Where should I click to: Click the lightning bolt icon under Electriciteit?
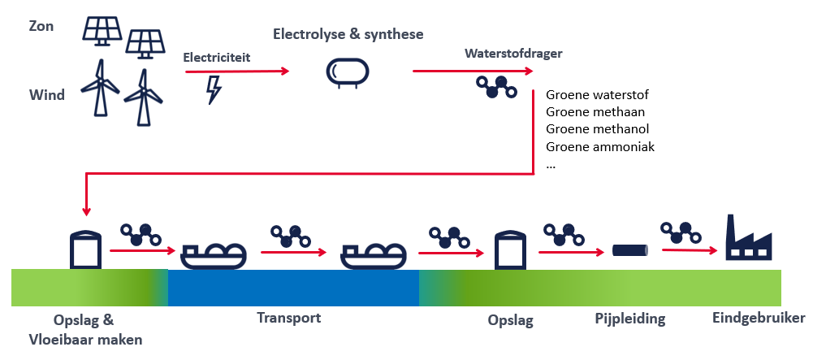(214, 90)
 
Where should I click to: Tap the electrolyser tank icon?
(347, 72)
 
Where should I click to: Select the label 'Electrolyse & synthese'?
(348, 34)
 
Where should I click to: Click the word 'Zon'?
(41, 26)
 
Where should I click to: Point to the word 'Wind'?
(46, 95)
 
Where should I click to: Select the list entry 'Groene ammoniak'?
(600, 146)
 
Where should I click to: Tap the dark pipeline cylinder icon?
(630, 250)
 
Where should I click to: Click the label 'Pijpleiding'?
(630, 319)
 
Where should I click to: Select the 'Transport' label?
(289, 318)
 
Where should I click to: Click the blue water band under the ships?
(293, 288)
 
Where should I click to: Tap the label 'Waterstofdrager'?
(513, 54)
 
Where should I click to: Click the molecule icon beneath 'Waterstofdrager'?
(497, 87)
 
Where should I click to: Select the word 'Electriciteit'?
(217, 57)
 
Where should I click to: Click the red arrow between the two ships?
(293, 253)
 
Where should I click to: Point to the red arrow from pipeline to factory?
(690, 251)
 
